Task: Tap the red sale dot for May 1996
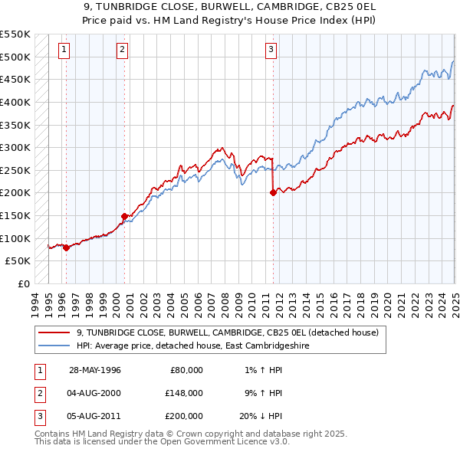point(66,247)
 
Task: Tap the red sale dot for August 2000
point(124,217)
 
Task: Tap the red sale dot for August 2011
point(273,193)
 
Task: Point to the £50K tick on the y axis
point(18,261)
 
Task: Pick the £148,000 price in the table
point(185,393)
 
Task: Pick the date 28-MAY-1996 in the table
point(95,370)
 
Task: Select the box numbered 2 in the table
point(38,393)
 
